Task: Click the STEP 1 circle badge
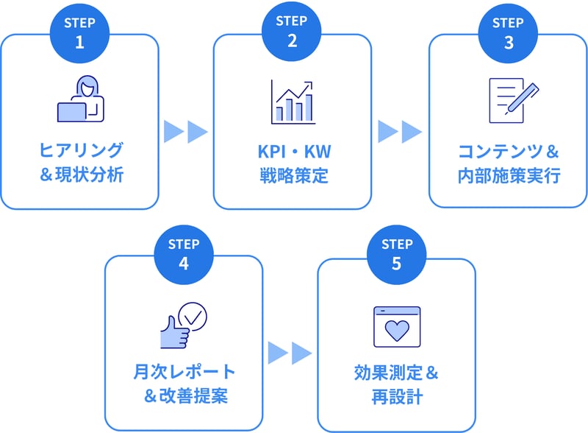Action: tap(79, 33)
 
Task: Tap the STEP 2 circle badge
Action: tap(291, 32)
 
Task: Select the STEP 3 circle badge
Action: tap(508, 33)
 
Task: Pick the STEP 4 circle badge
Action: tap(184, 255)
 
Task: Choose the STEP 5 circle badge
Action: tap(397, 255)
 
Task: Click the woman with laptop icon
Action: tap(81, 99)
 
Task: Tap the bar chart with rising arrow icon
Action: tap(293, 102)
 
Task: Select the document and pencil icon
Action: tap(514, 100)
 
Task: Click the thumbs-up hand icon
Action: tap(175, 333)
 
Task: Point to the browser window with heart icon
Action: tap(397, 327)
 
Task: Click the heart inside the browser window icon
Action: tap(397, 331)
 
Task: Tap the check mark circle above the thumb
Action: tap(193, 317)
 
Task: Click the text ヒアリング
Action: tap(81, 150)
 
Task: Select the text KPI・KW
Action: tap(295, 152)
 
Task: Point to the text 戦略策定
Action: tap(294, 175)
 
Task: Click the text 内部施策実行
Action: tap(509, 175)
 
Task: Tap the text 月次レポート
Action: tap(184, 372)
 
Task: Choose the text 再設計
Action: tap(397, 396)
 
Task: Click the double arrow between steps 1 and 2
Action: tap(186, 132)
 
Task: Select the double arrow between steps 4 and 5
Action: tap(290, 353)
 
